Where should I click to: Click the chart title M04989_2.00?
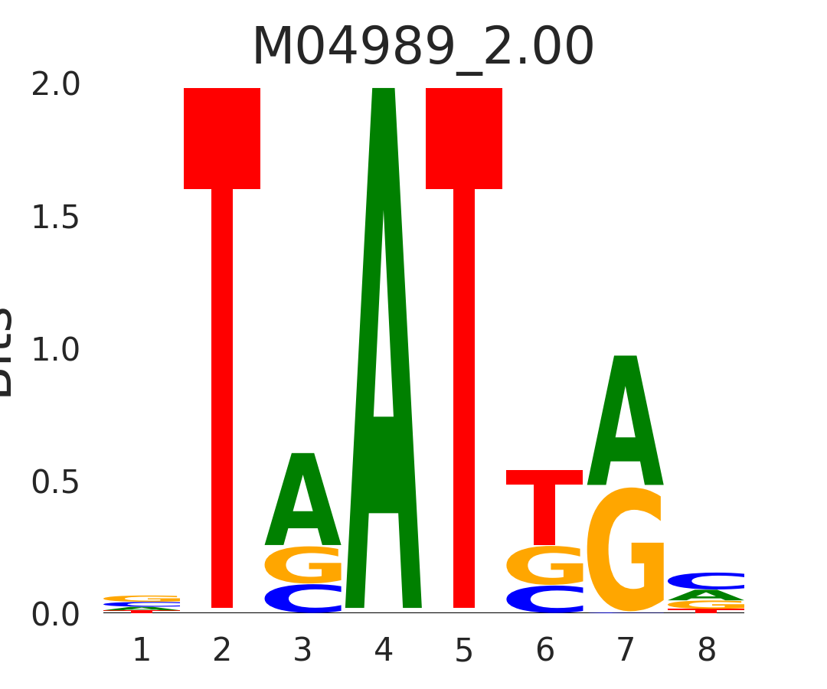tap(423, 47)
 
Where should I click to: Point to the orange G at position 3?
tap(303, 565)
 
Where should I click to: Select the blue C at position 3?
tap(303, 599)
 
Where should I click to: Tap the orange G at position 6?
tap(544, 566)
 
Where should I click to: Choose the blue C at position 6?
tap(544, 599)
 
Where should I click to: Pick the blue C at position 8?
tap(706, 581)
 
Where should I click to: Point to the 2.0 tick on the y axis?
tap(55, 85)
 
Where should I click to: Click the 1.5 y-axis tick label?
tap(55, 218)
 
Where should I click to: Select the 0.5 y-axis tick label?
tap(55, 483)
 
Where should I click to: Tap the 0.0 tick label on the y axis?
tap(55, 615)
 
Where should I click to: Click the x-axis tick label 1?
tap(142, 651)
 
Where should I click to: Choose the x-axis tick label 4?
tap(384, 651)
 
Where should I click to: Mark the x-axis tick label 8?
tap(706, 651)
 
